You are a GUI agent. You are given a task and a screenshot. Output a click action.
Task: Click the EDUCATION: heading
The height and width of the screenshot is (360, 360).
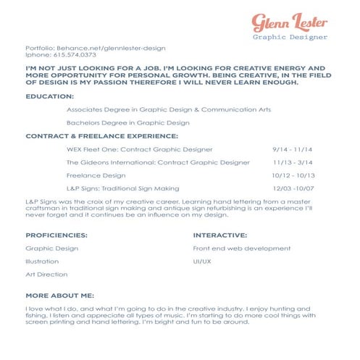tap(49, 96)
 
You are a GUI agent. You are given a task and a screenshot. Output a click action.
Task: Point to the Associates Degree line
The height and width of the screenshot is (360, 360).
tap(168, 109)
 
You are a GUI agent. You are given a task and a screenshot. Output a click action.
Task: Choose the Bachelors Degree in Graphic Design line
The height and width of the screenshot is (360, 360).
tap(127, 122)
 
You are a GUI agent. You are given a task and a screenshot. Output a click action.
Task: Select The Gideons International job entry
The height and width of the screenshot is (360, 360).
tap(157, 162)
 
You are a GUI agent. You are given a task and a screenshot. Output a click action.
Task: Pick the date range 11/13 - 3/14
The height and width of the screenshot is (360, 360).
tap(288, 162)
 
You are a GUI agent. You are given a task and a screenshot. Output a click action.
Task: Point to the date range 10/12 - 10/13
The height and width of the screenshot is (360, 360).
tap(289, 175)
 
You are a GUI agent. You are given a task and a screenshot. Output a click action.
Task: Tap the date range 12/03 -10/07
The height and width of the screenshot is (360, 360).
tap(289, 188)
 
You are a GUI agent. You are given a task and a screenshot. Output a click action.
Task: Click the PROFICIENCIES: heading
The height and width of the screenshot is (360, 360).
tap(56, 235)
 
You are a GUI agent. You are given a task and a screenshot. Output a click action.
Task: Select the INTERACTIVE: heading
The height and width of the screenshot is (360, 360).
tap(219, 235)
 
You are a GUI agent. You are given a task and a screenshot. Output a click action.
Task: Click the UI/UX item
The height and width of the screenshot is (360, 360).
tap(202, 261)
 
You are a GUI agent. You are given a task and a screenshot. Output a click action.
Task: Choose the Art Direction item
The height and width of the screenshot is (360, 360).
tap(46, 275)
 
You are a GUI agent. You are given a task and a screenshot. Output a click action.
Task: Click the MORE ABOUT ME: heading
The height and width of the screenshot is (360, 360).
tap(59, 296)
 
